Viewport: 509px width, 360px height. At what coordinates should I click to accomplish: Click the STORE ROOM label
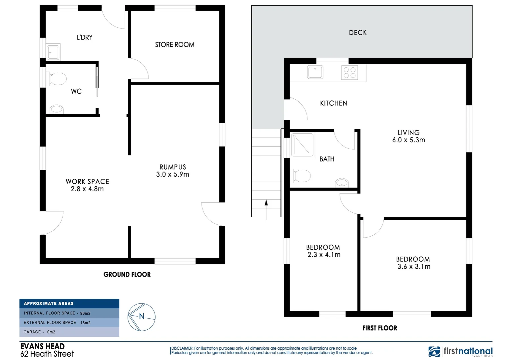pos(175,45)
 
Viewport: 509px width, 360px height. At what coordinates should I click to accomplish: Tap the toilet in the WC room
pos(57,79)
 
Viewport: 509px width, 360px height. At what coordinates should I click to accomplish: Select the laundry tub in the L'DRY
pos(53,52)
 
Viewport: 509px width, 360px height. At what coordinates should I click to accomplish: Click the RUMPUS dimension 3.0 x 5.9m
pos(173,174)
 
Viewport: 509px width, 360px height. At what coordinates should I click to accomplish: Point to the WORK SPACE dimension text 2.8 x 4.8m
pos(87,189)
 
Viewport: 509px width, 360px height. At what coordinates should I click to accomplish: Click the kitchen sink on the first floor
pos(315,72)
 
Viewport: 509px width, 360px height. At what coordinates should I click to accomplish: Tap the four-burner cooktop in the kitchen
pos(349,73)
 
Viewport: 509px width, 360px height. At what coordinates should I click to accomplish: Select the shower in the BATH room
pos(302,145)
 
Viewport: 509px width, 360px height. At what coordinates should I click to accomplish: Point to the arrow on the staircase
pos(266,203)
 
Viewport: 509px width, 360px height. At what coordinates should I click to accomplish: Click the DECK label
pos(358,33)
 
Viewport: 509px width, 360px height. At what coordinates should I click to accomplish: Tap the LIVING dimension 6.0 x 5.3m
pos(409,140)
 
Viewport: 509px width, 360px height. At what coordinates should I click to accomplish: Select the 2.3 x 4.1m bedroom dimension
pos(324,255)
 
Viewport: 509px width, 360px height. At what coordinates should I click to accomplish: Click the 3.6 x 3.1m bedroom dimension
pos(414,267)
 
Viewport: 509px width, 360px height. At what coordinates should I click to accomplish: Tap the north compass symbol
pos(142,317)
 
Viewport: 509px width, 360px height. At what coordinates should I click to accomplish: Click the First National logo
pos(460,351)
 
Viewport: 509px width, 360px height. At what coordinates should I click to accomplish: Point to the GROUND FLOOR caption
pos(127,275)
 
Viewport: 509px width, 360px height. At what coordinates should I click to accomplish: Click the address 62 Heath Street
pos(47,354)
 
